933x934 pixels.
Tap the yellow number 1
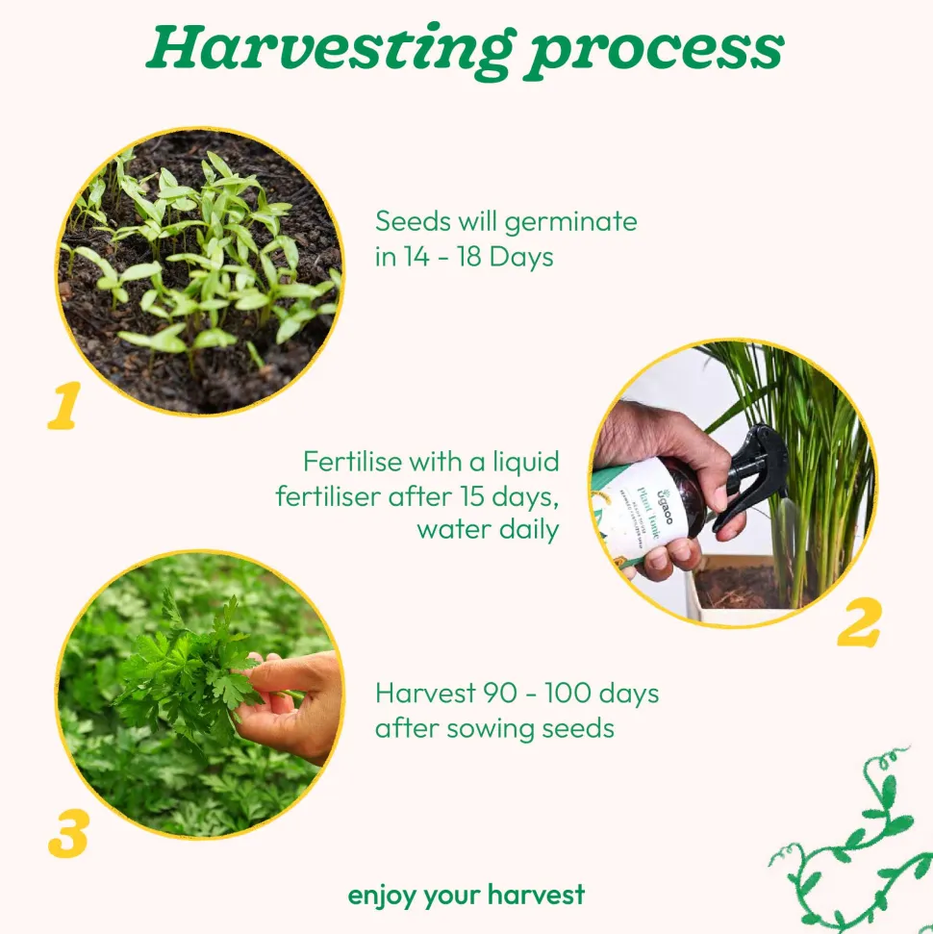click(x=64, y=405)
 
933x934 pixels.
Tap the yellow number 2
click(x=859, y=623)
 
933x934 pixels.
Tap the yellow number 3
click(x=68, y=833)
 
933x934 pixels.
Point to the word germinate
click(x=570, y=223)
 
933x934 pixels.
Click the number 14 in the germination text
click(x=416, y=257)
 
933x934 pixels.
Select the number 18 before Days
click(x=469, y=257)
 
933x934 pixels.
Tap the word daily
click(x=529, y=530)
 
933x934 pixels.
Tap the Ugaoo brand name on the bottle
click(x=665, y=506)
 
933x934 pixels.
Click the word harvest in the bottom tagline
click(x=536, y=895)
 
